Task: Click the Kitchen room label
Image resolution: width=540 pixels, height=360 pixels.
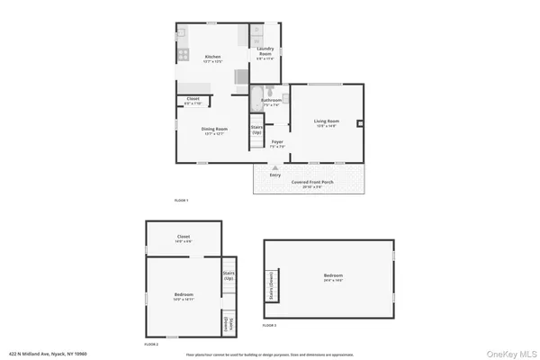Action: [x=212, y=58]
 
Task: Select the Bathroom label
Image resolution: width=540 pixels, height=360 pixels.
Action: [x=271, y=101]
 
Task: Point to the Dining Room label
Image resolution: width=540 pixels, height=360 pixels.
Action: [x=214, y=130]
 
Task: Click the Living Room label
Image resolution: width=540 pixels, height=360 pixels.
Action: [x=326, y=122]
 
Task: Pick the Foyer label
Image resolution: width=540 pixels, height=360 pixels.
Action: [x=277, y=142]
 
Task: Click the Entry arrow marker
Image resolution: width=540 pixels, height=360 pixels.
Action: [x=275, y=167]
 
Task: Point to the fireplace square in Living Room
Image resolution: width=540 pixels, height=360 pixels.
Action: [x=360, y=122]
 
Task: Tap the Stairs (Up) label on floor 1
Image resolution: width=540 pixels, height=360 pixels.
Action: [x=256, y=130]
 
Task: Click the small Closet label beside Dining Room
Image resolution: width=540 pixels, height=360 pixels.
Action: [x=193, y=100]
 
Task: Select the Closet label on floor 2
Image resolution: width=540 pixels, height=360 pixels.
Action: [x=184, y=239]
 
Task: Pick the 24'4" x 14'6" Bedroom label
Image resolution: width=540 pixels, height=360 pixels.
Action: [x=333, y=277]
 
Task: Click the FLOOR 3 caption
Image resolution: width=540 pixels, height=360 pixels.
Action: [x=270, y=324]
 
